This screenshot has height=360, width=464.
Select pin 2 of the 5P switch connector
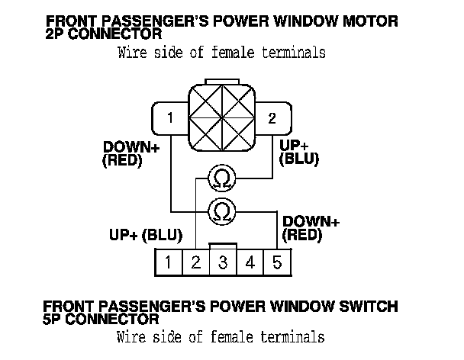tap(195, 264)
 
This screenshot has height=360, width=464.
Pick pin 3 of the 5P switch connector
tap(223, 264)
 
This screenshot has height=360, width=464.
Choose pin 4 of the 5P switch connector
tap(250, 264)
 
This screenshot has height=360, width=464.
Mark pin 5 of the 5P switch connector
tap(276, 264)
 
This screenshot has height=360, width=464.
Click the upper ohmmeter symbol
tap(221, 179)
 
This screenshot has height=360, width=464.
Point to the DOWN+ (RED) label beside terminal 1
tap(130, 153)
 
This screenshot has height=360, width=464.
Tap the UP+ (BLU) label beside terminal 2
tap(299, 152)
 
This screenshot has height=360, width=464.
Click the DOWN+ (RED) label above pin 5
tap(310, 229)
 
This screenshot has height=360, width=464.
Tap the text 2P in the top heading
tap(55, 34)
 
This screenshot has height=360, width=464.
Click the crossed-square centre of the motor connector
tap(221, 118)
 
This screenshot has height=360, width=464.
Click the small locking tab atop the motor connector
tap(221, 82)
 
